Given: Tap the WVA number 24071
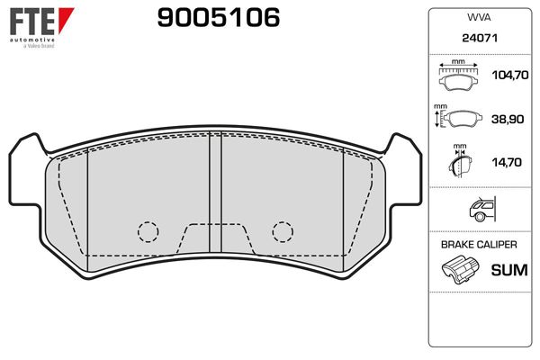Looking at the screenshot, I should click(x=477, y=40).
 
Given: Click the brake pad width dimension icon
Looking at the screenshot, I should click(x=458, y=76).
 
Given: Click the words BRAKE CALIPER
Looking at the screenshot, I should click(x=477, y=245).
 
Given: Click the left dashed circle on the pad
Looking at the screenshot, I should click(x=148, y=231).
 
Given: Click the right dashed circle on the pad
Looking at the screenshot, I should click(x=283, y=231).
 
